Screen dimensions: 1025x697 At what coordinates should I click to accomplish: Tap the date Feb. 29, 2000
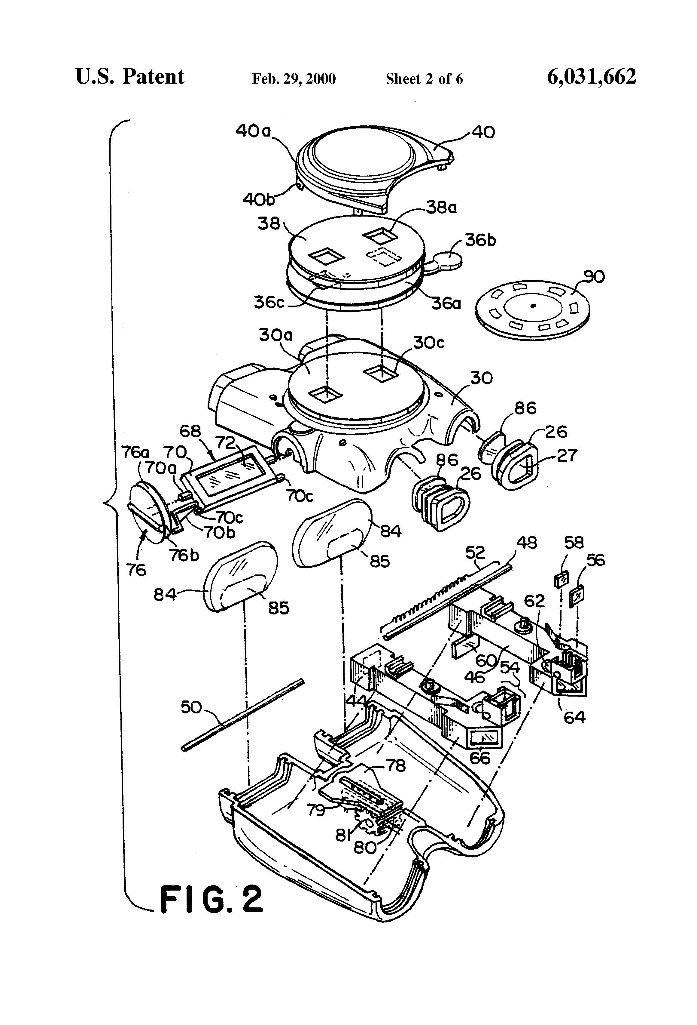294,79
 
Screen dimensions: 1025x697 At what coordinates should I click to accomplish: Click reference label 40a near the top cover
253,131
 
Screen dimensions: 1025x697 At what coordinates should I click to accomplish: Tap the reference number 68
190,431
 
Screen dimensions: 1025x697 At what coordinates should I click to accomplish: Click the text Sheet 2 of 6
424,79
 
